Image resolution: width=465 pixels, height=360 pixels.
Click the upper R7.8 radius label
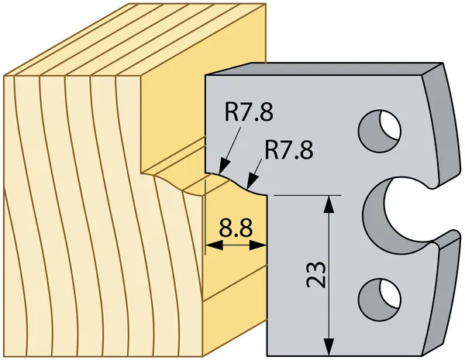(249, 112)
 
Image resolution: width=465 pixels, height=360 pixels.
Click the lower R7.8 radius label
(288, 150)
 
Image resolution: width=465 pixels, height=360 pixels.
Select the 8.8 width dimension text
(236, 228)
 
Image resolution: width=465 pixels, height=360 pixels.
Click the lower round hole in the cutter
(380, 299)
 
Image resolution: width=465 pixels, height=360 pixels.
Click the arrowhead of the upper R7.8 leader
(224, 166)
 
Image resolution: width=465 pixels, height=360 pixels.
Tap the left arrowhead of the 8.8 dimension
(214, 245)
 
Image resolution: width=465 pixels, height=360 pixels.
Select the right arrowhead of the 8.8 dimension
(258, 245)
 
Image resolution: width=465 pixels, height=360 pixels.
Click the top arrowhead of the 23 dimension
(329, 204)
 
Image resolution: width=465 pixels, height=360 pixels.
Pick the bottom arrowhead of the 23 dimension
(329, 346)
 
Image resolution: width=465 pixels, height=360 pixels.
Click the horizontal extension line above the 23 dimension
(307, 196)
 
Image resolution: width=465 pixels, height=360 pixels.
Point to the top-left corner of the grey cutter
(205, 75)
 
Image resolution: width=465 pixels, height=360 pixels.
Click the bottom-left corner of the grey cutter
(267, 355)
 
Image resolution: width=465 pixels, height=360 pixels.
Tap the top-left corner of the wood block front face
(4, 76)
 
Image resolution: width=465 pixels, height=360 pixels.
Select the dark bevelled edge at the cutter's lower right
(442, 293)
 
